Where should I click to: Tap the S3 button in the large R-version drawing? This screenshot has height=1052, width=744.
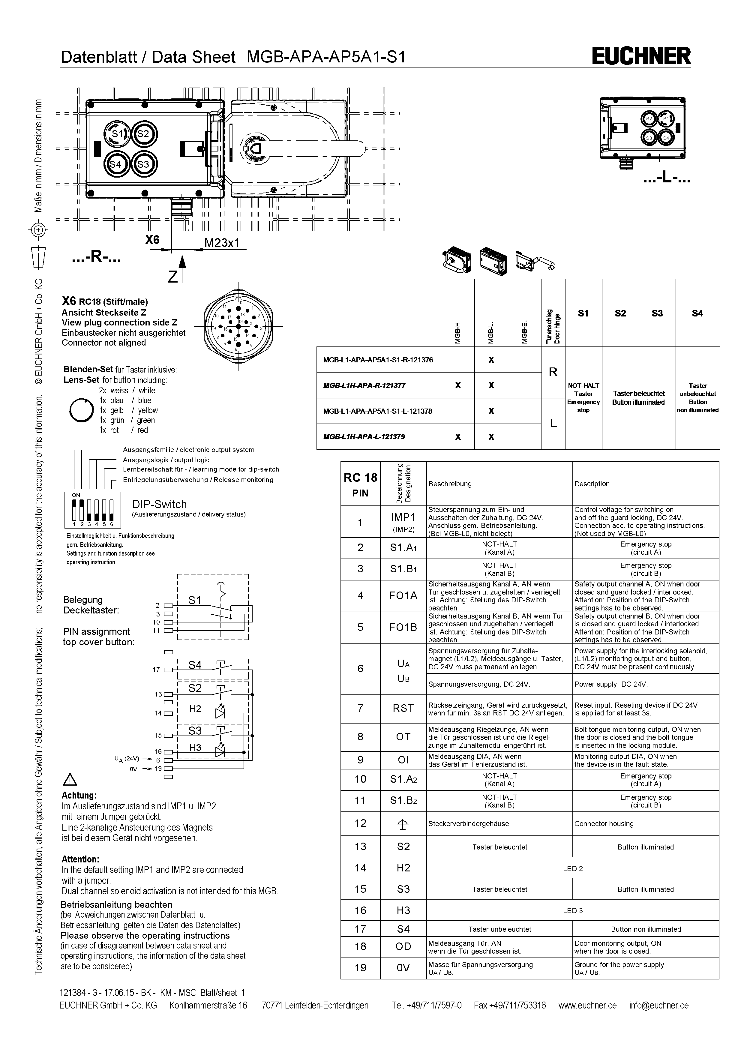tap(143, 163)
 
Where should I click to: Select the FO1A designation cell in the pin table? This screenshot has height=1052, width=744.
tap(403, 596)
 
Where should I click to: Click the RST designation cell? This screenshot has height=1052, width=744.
tap(403, 708)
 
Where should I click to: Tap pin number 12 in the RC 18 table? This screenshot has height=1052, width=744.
tap(361, 823)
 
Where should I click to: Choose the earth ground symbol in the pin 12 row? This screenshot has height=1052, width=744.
tap(403, 824)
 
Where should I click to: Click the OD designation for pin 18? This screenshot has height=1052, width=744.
tap(403, 947)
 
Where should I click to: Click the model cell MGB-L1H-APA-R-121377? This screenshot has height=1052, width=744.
tap(364, 385)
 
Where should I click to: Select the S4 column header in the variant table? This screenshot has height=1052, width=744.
tap(697, 313)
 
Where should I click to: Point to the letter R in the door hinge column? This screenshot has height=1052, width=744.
tap(553, 372)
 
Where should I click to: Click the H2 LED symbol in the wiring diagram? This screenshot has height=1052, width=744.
tap(220, 712)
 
